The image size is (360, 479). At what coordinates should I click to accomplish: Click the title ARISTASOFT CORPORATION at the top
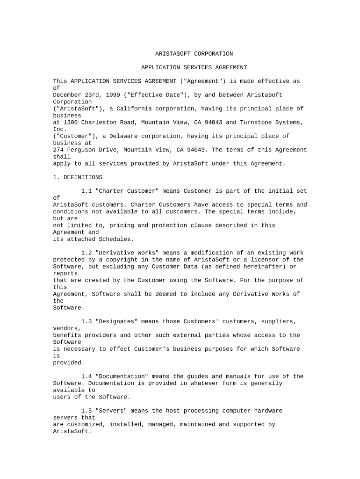click(x=194, y=54)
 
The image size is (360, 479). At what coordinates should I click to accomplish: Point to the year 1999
click(x=113, y=95)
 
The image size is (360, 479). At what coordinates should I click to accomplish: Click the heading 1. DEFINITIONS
click(x=78, y=177)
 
